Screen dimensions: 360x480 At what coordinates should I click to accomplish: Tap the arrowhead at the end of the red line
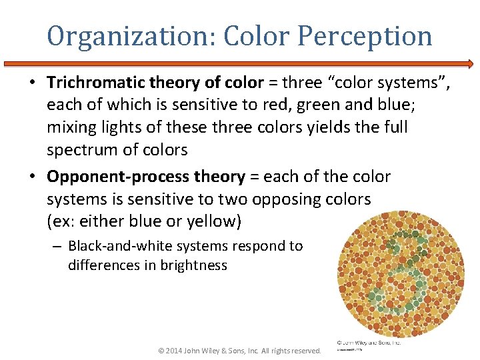(471, 64)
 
